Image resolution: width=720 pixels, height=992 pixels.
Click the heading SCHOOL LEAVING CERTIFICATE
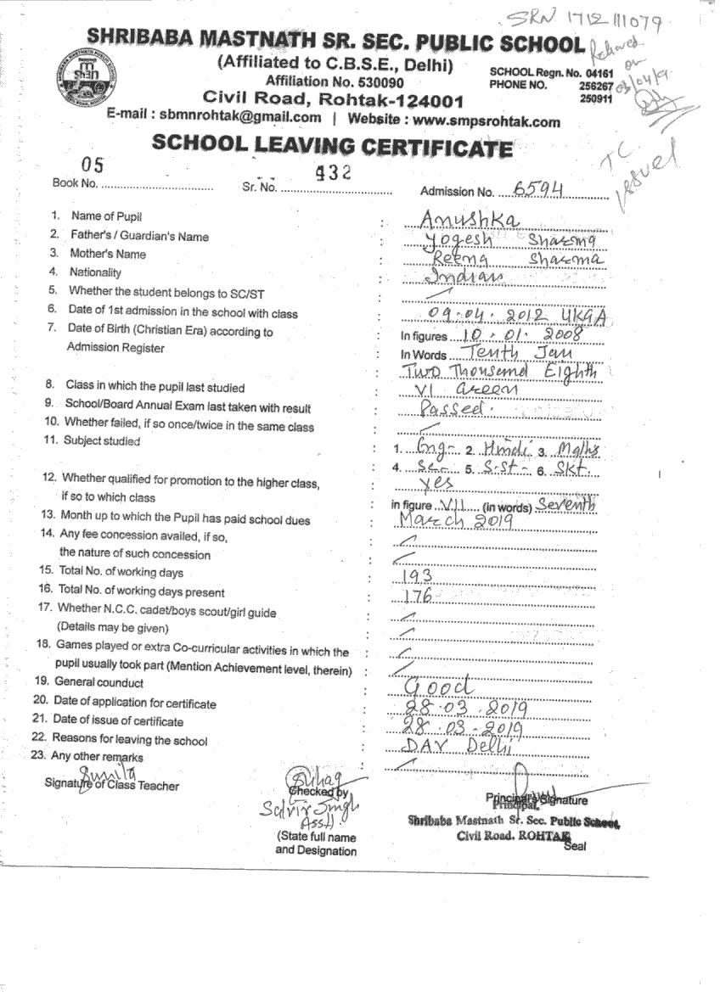332,147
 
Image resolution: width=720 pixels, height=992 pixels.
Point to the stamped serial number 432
332,171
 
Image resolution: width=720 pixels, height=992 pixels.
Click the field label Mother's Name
108,254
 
